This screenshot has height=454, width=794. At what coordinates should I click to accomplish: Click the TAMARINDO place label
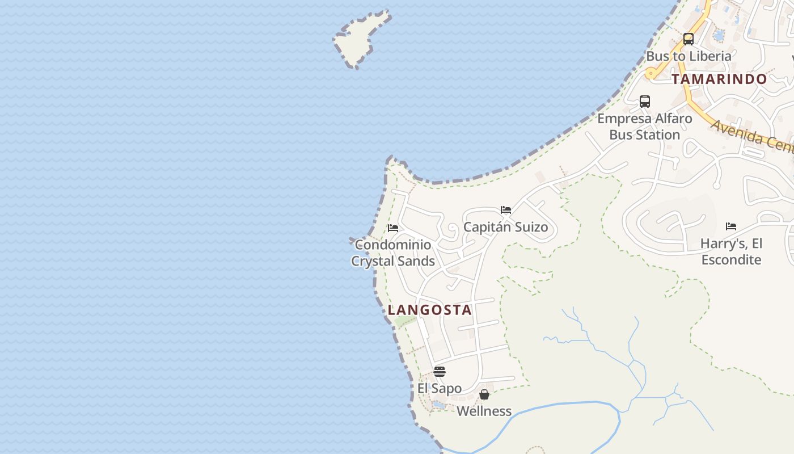[x=719, y=79]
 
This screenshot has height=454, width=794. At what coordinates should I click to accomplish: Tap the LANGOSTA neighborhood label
[x=430, y=310]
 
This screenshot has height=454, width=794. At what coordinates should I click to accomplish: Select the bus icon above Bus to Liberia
[x=689, y=39]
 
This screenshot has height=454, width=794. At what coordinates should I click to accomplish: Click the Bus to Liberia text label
[x=689, y=56]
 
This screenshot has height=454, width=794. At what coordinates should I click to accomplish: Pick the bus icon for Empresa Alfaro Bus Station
[x=645, y=102]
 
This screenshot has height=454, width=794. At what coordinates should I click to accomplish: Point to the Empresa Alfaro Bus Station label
[x=645, y=127]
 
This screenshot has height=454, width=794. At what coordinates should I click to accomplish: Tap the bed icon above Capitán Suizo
[x=506, y=210]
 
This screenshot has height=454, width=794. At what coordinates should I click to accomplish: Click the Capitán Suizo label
[x=506, y=228]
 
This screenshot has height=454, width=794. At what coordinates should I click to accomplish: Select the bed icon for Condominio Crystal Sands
[x=393, y=228]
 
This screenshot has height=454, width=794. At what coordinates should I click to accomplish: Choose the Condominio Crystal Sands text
[x=393, y=253]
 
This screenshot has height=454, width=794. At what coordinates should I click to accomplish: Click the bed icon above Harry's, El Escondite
[x=731, y=226]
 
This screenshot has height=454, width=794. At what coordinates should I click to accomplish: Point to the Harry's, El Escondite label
[x=731, y=251]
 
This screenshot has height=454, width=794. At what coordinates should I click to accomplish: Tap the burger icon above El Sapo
[x=440, y=372]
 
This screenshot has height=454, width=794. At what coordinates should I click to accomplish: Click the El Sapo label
[x=440, y=389]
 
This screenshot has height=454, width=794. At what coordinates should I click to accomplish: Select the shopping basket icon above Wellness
[x=484, y=394]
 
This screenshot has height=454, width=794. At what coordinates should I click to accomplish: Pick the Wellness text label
[x=484, y=411]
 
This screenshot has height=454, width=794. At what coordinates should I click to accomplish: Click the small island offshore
[x=360, y=40]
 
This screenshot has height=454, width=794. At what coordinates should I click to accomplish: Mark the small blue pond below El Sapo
[x=439, y=405]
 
